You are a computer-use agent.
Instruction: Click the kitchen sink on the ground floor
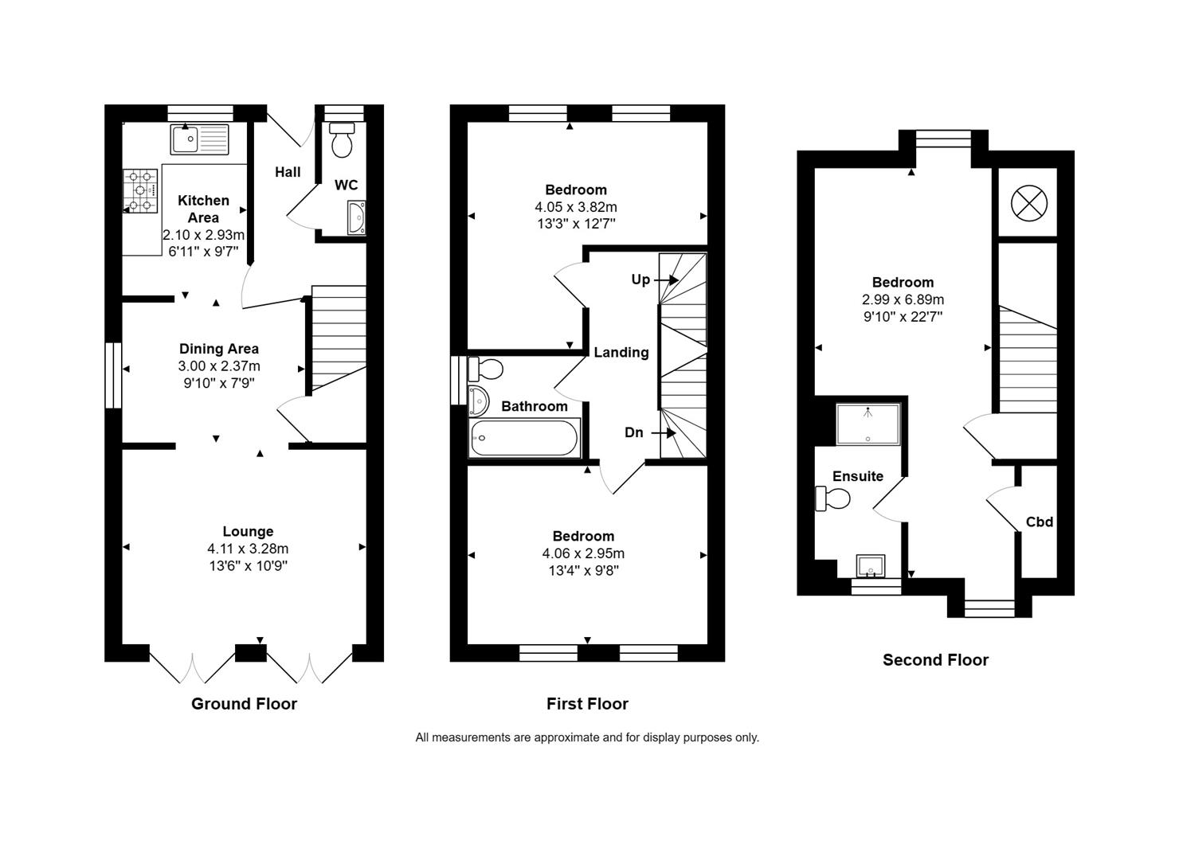click(x=198, y=139)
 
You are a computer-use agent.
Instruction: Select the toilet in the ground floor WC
click(x=343, y=141)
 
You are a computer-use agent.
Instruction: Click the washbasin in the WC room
click(x=356, y=217)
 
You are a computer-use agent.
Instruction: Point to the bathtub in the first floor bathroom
click(x=523, y=438)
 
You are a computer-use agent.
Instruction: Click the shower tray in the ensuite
click(x=868, y=424)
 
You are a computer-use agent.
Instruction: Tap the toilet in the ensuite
click(x=833, y=499)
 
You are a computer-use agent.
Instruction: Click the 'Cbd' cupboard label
click(x=1039, y=522)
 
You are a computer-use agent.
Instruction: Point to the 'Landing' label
click(x=621, y=352)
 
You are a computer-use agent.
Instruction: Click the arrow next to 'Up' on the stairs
click(x=667, y=279)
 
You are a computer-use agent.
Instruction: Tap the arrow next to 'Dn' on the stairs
click(x=664, y=433)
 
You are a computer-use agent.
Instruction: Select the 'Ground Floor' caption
click(x=244, y=704)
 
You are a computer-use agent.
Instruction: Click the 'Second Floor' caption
click(x=935, y=660)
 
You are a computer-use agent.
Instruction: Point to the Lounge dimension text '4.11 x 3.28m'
click(x=248, y=549)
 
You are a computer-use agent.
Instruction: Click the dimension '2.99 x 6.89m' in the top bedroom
click(x=903, y=300)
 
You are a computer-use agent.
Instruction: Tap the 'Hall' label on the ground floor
click(x=288, y=172)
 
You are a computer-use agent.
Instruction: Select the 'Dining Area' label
click(x=219, y=349)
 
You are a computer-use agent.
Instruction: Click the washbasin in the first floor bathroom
click(x=478, y=401)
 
